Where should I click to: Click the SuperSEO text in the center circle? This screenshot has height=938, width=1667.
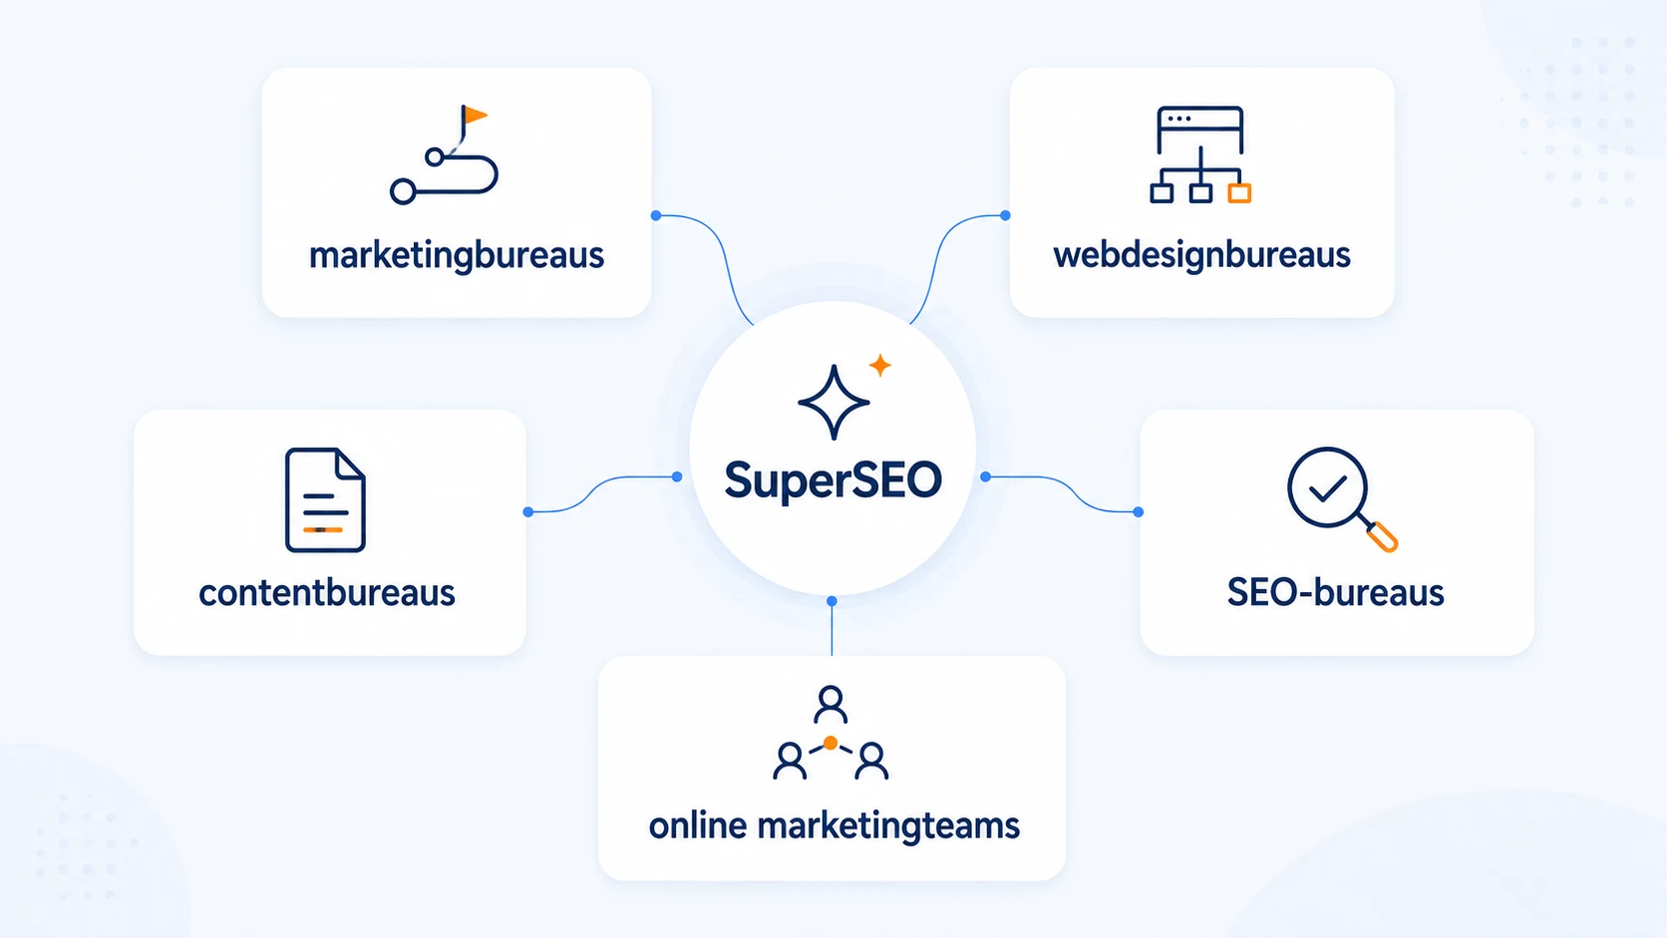[x=833, y=480]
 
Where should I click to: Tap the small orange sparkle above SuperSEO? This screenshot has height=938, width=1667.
[x=880, y=365]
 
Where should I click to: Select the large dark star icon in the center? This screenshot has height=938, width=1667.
[x=833, y=403]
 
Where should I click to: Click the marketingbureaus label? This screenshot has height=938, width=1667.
[x=457, y=256]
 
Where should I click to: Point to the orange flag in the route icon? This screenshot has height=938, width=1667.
[x=474, y=116]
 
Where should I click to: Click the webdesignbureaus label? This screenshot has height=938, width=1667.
[x=1201, y=256]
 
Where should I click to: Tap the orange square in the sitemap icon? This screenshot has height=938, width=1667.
[x=1239, y=193]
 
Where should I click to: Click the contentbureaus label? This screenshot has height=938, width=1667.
[x=327, y=593]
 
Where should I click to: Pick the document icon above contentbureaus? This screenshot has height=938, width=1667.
[x=325, y=499]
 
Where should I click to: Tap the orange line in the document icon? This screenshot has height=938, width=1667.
[x=323, y=529]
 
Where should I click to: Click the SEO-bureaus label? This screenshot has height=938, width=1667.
[x=1335, y=593]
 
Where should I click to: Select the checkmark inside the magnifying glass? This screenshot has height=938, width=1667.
[x=1328, y=488]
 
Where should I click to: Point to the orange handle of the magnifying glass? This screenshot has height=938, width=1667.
[x=1383, y=537]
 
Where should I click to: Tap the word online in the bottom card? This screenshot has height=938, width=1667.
[x=697, y=825]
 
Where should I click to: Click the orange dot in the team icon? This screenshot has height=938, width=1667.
[x=831, y=743]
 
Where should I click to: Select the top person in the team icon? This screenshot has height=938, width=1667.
[x=831, y=705]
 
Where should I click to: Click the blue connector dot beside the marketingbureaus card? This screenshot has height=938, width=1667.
[x=656, y=215]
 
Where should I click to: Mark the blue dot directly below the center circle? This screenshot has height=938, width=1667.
[x=833, y=601]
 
